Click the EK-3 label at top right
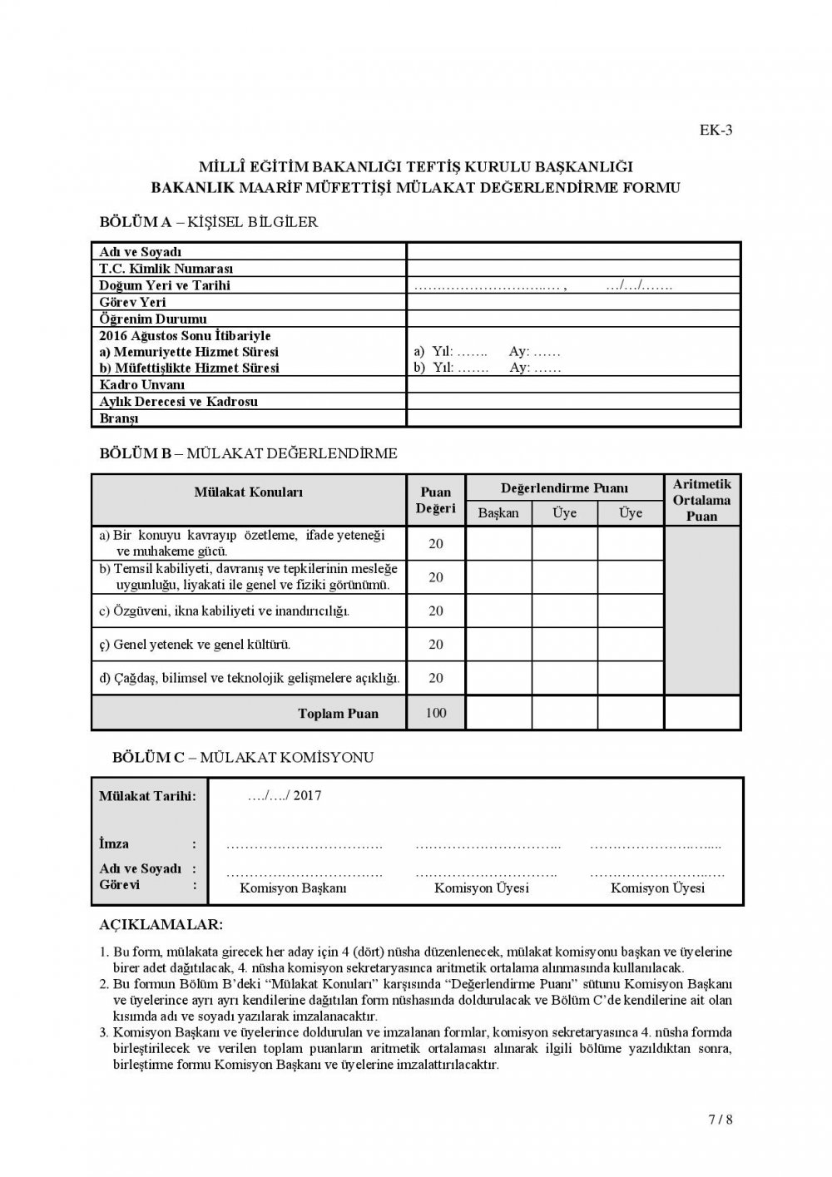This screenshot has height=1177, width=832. click(x=716, y=129)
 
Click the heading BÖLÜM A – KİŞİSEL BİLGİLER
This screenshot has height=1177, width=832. click(x=208, y=222)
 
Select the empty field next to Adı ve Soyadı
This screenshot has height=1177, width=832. click(x=573, y=251)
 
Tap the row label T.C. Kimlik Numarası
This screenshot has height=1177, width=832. click(x=166, y=269)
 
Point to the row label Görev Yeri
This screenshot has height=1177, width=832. click(x=133, y=302)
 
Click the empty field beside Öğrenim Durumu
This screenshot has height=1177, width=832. click(x=573, y=319)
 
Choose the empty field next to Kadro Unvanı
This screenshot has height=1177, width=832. click(x=573, y=385)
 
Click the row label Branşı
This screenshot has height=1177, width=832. click(x=119, y=418)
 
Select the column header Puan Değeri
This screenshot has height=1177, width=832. click(x=436, y=500)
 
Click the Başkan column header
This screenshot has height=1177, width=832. click(x=498, y=513)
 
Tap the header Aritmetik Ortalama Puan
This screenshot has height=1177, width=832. click(x=701, y=500)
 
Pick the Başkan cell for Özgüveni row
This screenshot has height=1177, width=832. click(x=498, y=611)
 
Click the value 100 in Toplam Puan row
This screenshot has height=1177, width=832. click(x=436, y=713)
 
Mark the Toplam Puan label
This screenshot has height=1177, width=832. click(x=338, y=714)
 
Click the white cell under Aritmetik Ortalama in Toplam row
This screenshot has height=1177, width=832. click(x=701, y=713)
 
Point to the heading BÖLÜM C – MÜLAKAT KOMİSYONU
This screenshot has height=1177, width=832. click(x=243, y=758)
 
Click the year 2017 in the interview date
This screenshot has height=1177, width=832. click(x=307, y=795)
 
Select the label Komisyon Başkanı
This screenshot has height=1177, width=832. click(x=293, y=888)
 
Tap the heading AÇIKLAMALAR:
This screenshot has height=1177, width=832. click(x=161, y=925)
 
